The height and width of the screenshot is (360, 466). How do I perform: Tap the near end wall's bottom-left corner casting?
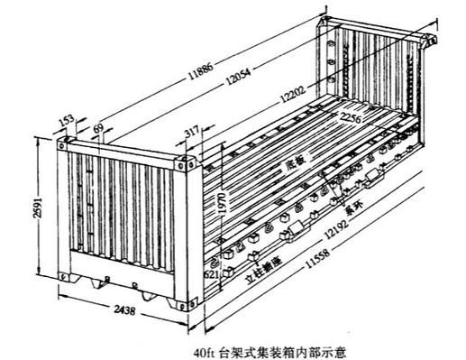pos(62,274)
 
